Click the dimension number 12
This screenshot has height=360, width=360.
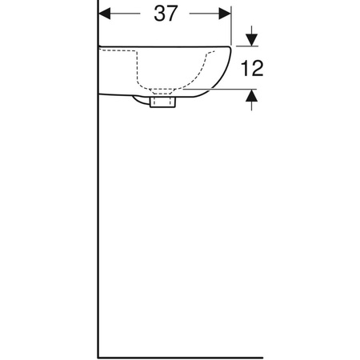coord(252,69)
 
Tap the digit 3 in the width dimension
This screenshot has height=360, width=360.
coord(156,14)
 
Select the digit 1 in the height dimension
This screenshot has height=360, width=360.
coord(245,69)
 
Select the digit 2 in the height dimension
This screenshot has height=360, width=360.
coord(258,69)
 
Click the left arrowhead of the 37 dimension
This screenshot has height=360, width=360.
coord(106,14)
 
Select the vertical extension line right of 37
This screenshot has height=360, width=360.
coord(231,24)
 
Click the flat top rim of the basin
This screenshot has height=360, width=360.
coord(160,46)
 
